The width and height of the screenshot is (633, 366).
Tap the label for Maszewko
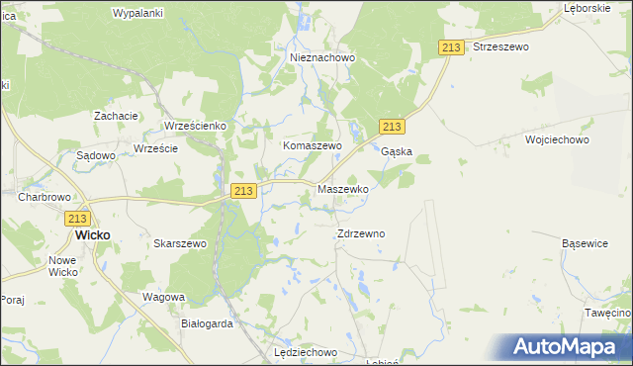[x=342, y=188]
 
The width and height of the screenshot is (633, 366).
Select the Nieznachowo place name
[x=322, y=57]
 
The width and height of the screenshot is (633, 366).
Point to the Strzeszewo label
[x=500, y=46]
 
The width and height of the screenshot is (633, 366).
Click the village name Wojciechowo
[x=558, y=140]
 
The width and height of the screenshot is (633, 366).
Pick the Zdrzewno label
[x=361, y=233]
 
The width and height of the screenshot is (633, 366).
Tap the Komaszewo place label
[x=313, y=145]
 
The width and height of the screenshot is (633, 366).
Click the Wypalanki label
[x=138, y=13]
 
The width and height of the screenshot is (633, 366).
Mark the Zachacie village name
[x=116, y=116]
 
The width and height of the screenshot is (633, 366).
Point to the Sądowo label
[x=97, y=155]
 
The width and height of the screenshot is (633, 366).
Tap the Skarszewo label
[x=180, y=243]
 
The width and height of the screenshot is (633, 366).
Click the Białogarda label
[x=207, y=323]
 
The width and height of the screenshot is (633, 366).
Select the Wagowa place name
[x=163, y=297]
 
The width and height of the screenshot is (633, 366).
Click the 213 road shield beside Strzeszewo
[x=451, y=47]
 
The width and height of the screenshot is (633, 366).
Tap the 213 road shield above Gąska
[x=392, y=127]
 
